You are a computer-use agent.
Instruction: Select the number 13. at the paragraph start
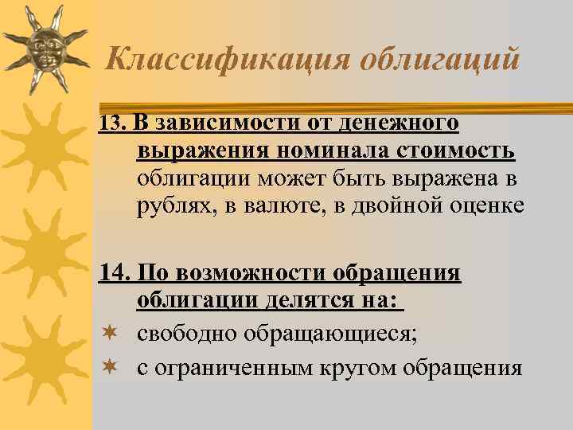click(114, 123)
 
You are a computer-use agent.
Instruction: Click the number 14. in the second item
click(114, 273)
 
